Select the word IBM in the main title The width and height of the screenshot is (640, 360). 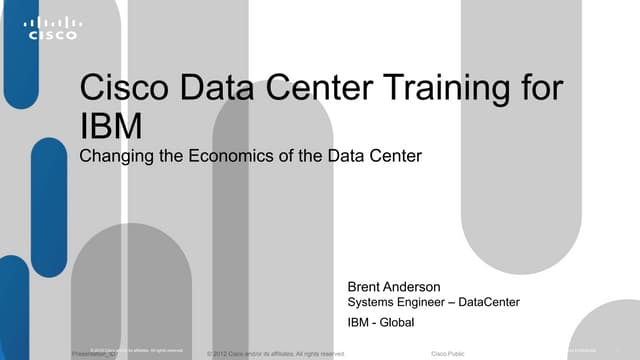click(107, 127)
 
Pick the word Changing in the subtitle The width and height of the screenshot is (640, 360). click(112, 156)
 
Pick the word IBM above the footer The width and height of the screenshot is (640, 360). click(358, 322)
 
